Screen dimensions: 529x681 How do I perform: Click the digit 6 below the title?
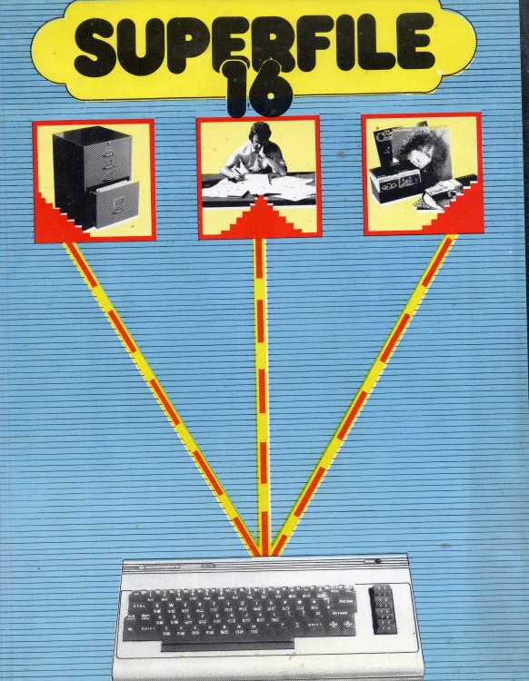(x=269, y=93)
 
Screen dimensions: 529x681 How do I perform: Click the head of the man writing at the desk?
(x=259, y=133)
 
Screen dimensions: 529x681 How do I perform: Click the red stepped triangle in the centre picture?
(x=260, y=217)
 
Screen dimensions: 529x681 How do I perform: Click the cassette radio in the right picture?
(x=396, y=184)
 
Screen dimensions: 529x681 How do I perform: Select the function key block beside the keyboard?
(x=383, y=609)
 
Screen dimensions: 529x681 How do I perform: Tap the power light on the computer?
(x=377, y=561)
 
